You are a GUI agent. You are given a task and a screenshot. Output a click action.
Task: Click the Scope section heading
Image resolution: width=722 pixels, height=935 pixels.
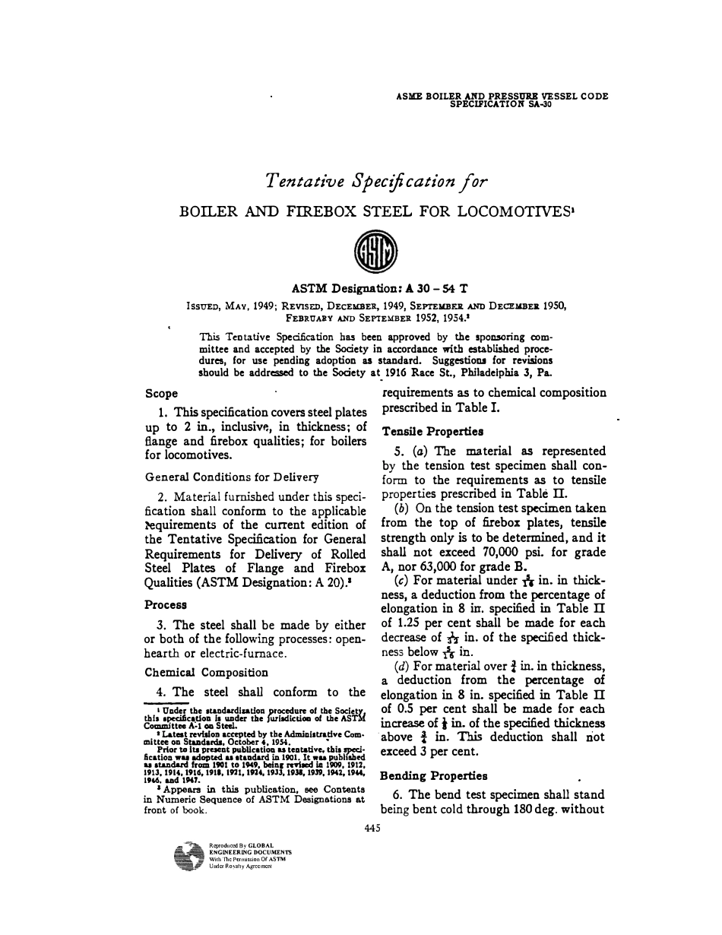(x=161, y=394)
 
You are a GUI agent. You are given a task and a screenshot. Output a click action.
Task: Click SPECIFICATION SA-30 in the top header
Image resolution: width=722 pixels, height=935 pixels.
(x=501, y=105)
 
